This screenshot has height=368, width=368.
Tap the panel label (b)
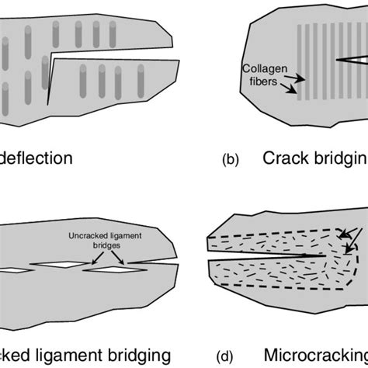pos(231,161)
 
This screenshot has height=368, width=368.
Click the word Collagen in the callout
pos(262,68)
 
